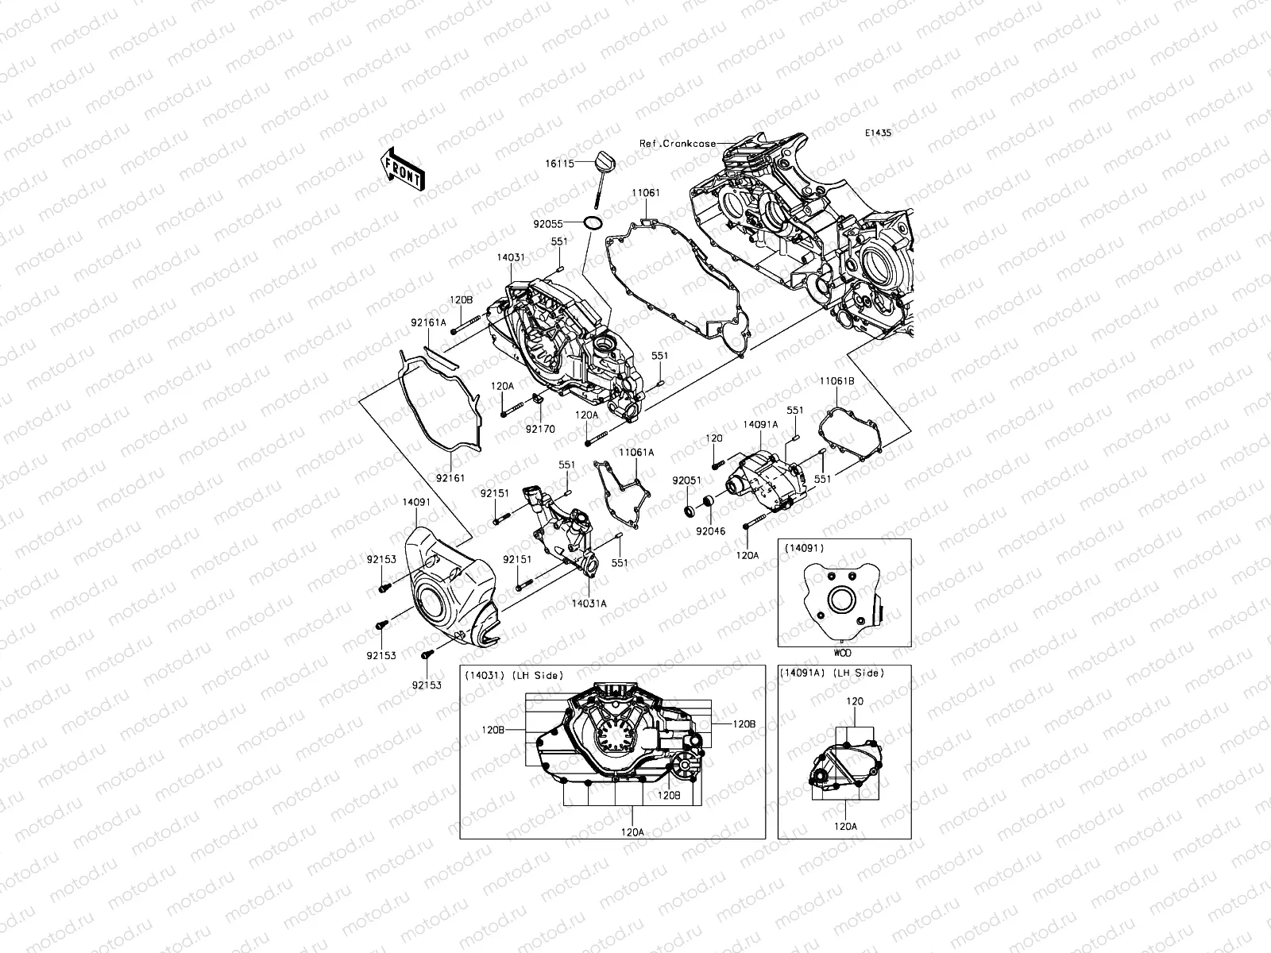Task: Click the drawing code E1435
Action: coord(879,134)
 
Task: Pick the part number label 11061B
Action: coord(838,382)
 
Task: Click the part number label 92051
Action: coord(686,480)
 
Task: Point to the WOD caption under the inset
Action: coord(843,653)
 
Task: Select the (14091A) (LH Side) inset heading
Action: coord(833,673)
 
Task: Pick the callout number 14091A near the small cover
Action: coord(760,425)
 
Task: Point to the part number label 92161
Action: coord(450,478)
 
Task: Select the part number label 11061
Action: coord(646,193)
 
